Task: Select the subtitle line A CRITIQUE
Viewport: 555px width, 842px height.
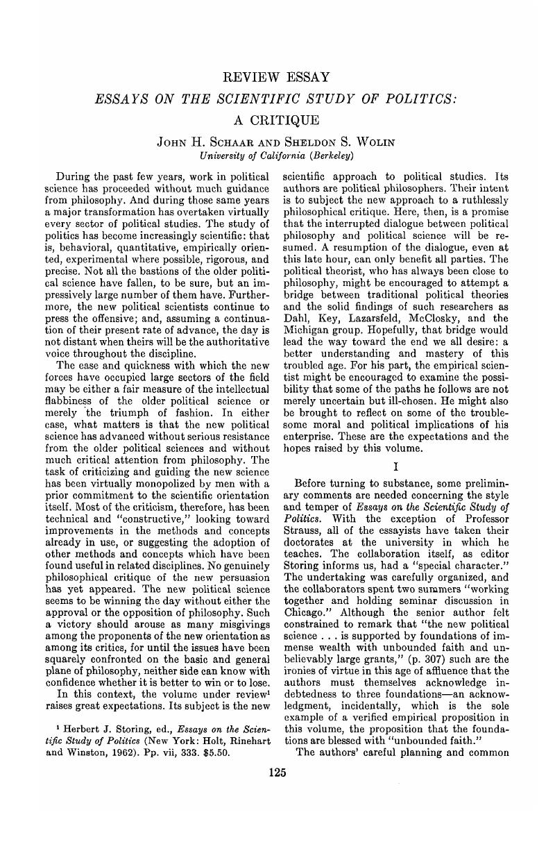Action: click(277, 120)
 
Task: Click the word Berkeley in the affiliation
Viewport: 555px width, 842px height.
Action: click(334, 155)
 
